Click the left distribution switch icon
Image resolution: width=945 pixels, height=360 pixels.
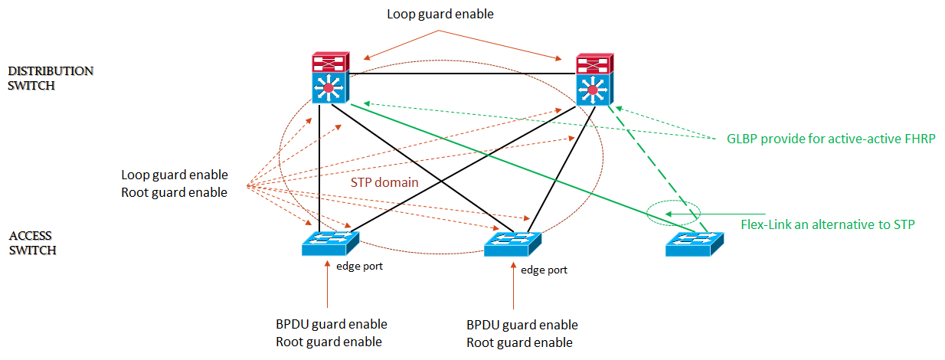coord(331,89)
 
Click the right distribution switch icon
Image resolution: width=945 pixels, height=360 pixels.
coord(595,90)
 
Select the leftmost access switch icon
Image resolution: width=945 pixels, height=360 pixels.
coord(330,244)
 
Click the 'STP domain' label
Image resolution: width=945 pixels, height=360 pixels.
coord(384,183)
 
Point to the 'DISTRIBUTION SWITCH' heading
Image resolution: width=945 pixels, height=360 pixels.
coord(51,78)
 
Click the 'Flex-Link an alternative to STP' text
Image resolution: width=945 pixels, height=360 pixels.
coord(828,224)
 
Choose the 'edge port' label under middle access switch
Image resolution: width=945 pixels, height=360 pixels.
coord(544,270)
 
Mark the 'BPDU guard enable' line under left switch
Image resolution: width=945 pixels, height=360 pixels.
coord(332,324)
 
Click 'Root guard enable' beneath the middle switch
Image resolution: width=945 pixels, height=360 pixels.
coord(519,342)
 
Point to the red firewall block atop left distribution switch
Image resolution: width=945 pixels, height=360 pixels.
coord(331,63)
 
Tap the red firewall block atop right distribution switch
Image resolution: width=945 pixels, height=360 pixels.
coord(595,64)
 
